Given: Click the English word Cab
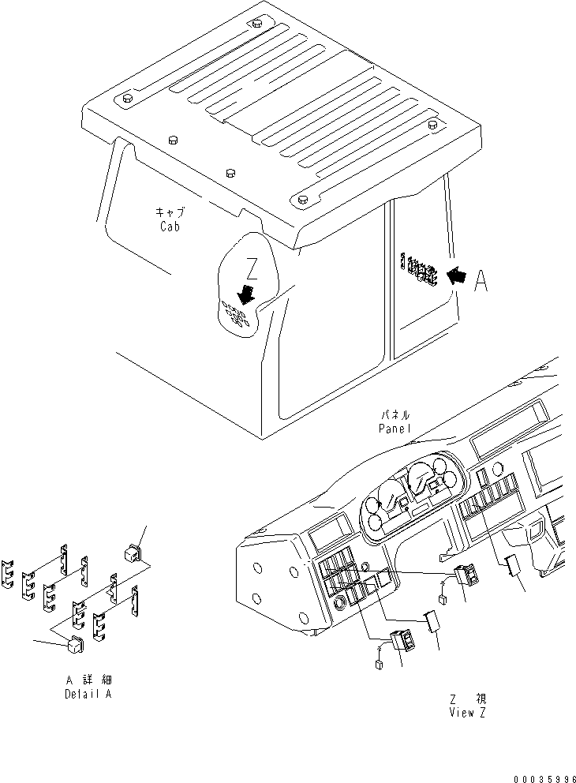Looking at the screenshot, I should pos(166,227).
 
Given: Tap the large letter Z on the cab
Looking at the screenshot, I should pos(251,270).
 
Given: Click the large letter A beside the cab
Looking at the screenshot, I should pos(481,281).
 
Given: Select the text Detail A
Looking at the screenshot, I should pos(88,695).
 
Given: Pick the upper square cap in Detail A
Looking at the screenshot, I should pos(133,552).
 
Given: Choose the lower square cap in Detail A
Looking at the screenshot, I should pos(75,646).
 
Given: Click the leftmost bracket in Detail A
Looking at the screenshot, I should pos(8,574).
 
